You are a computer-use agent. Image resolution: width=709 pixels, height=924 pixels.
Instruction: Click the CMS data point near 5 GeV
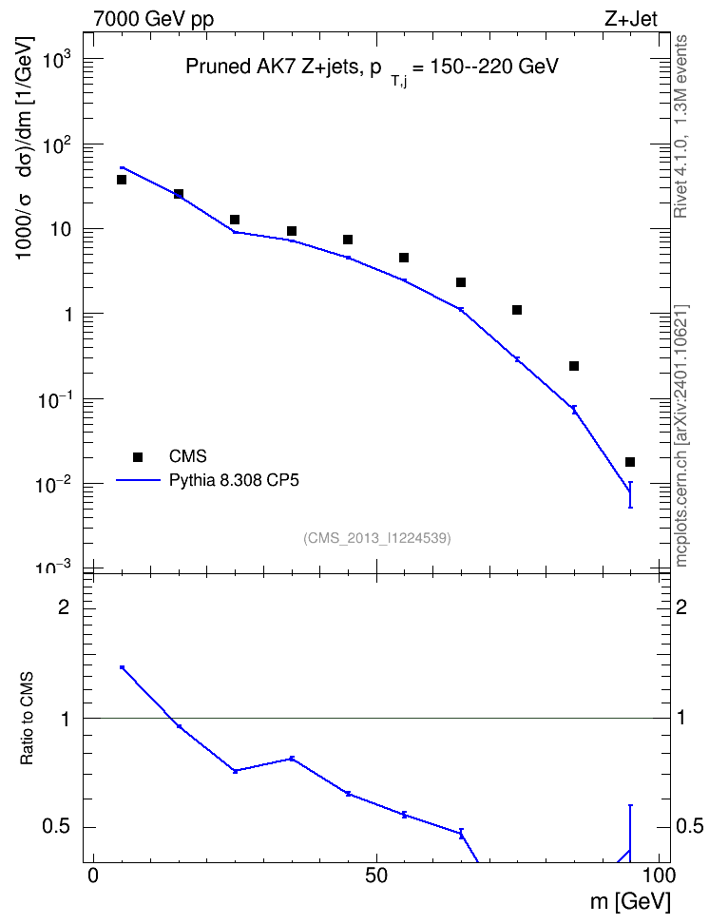tap(122, 179)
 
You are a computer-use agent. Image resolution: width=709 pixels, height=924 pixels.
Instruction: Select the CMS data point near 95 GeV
tap(630, 462)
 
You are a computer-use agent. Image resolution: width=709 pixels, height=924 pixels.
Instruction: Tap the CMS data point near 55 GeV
tap(404, 258)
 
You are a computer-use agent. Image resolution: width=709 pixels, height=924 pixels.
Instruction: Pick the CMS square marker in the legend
tap(138, 456)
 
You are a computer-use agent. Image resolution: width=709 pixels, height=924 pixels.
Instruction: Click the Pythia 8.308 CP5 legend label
tap(234, 480)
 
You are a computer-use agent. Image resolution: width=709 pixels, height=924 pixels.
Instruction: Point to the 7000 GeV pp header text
tap(153, 19)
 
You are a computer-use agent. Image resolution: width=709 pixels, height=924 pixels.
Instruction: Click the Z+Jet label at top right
tap(631, 19)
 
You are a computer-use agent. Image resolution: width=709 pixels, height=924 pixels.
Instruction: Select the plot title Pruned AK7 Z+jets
tap(372, 67)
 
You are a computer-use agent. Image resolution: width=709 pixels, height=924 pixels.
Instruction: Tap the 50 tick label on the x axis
tap(376, 876)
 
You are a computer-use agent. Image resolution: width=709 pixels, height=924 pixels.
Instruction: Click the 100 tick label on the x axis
tap(659, 876)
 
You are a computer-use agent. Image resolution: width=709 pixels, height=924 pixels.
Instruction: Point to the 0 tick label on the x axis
tap(93, 876)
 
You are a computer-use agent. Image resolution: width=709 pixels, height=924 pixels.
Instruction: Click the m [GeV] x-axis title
tap(630, 901)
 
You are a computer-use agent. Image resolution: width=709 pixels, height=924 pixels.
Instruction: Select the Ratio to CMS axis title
tap(27, 719)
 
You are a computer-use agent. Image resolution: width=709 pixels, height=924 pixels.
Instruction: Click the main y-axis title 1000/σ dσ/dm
tap(24, 148)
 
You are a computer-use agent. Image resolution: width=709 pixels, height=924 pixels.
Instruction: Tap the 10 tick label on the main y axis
tap(59, 229)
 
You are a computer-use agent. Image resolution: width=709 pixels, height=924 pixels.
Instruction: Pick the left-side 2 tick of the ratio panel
tap(64, 606)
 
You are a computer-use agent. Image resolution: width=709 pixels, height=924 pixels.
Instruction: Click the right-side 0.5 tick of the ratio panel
tap(690, 827)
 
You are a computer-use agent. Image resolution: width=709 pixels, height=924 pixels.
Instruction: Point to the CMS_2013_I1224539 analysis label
tap(377, 538)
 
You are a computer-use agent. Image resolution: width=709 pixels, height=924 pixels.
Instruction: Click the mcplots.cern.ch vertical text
tap(681, 435)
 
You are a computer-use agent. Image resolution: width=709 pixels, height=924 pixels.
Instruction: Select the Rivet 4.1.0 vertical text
tap(681, 126)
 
